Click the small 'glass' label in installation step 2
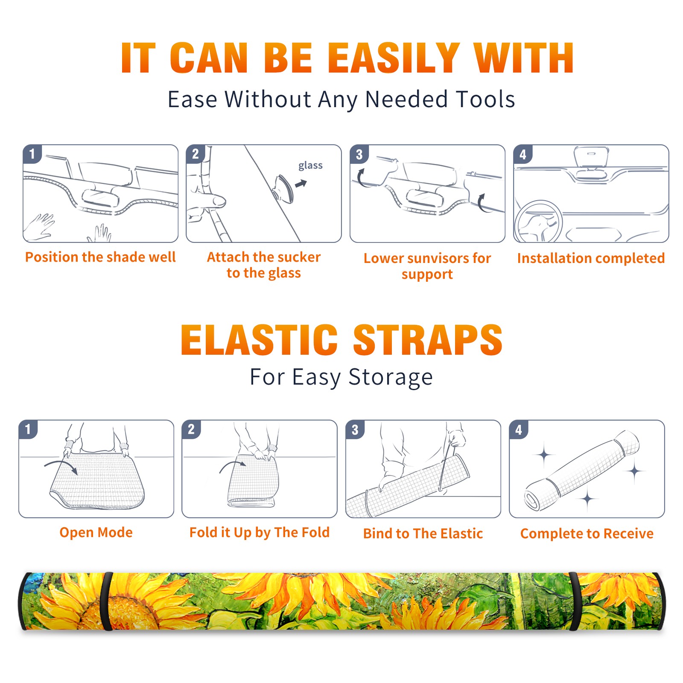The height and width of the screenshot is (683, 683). pos(310,166)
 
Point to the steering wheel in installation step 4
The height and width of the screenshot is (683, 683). pos(538,221)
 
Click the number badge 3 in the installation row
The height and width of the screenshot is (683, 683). pos(359,155)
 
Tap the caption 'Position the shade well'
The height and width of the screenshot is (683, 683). pos(100,257)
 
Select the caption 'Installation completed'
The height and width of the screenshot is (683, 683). pos(591,258)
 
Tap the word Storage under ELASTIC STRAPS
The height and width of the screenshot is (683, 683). pos(391,377)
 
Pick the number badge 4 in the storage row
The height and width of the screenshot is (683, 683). pos(519,430)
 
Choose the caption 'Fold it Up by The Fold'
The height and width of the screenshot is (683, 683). pos(260,533)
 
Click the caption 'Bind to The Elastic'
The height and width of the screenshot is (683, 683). pos(423,534)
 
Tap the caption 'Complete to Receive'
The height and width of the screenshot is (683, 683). pos(587,534)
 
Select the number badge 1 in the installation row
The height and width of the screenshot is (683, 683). pos(32,154)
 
